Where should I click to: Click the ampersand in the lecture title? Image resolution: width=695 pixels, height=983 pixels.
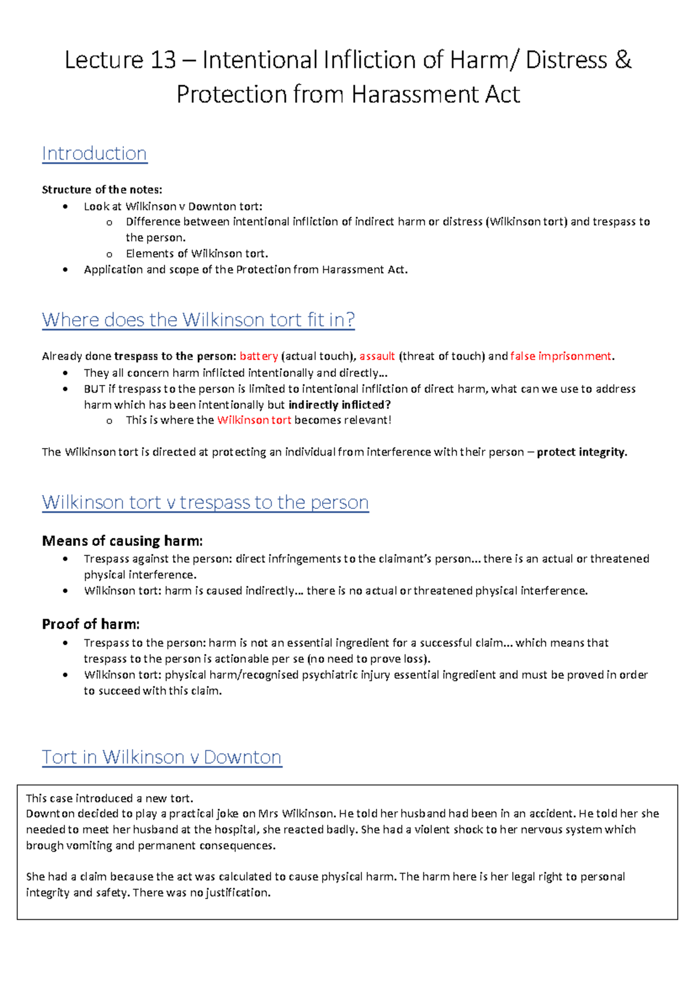[x=623, y=60]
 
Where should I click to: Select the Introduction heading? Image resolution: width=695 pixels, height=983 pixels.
[x=94, y=153]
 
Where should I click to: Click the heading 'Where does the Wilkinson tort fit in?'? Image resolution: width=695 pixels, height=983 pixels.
[x=198, y=320]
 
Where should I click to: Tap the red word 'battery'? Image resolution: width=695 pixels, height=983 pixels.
[x=259, y=356]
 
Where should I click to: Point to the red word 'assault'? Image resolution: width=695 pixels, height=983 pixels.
[x=377, y=356]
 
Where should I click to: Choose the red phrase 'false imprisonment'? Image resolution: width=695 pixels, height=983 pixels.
[x=561, y=356]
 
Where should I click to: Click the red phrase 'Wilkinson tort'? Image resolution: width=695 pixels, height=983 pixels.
[x=254, y=420]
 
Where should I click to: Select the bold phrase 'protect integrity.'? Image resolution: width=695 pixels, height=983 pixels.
[x=582, y=452]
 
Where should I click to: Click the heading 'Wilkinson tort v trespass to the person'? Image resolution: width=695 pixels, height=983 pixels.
[x=205, y=502]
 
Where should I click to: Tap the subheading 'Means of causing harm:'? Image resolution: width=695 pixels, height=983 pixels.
[x=122, y=541]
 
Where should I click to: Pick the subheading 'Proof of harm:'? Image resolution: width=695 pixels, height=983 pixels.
[x=91, y=624]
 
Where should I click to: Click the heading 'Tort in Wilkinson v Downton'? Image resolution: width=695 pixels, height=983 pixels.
[x=162, y=757]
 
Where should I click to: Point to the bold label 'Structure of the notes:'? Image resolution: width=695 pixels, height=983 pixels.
[x=102, y=190]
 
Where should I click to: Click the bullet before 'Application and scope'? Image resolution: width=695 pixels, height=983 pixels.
[x=65, y=270]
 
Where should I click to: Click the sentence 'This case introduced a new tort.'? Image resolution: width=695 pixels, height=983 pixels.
[x=109, y=798]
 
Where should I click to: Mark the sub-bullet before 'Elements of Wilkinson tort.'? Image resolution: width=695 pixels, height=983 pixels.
[x=109, y=254]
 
